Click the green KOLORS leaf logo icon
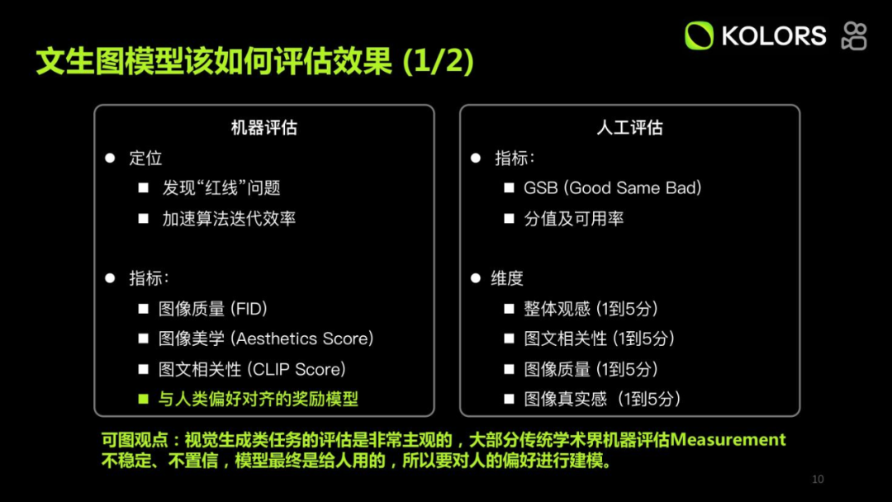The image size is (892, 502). (699, 36)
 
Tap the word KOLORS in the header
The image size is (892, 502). (773, 36)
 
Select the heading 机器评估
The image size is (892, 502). (263, 127)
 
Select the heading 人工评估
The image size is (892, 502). (629, 127)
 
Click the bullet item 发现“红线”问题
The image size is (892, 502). (221, 188)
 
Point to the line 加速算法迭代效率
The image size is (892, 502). (229, 219)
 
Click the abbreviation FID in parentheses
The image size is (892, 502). (249, 309)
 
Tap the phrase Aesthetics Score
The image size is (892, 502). (302, 339)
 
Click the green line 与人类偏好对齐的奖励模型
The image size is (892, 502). (259, 400)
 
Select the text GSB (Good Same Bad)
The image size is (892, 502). (612, 188)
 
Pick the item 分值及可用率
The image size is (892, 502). (573, 219)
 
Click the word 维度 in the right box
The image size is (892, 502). (507, 278)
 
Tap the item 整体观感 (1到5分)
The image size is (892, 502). (591, 309)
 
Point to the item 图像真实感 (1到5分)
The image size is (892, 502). (602, 400)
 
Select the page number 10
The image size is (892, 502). (818, 480)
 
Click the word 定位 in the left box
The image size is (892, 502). (145, 158)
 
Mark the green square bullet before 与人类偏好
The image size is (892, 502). (143, 400)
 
